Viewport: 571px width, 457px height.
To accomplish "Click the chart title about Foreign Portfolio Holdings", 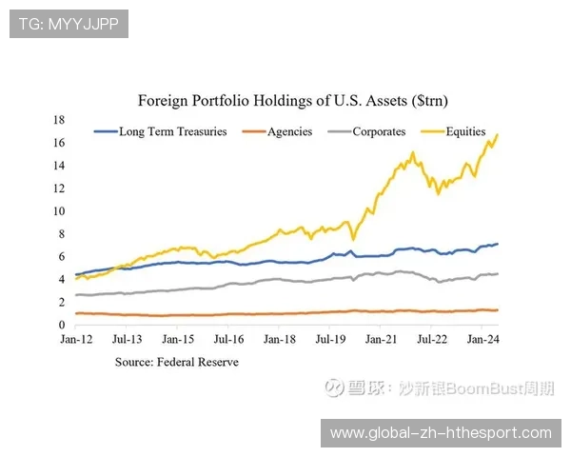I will (292, 100).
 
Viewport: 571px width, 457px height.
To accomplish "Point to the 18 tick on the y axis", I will (58, 120).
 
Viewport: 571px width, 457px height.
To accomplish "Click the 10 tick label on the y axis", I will (58, 211).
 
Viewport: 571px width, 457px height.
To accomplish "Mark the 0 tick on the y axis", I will (61, 325).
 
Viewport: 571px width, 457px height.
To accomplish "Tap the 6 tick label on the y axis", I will (61, 257).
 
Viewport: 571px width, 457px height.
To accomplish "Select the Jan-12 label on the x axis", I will (75, 339).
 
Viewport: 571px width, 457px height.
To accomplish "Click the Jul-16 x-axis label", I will (228, 339).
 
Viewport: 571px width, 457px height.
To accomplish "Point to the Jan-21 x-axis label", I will (381, 339).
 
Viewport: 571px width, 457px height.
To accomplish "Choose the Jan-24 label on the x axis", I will (482, 339).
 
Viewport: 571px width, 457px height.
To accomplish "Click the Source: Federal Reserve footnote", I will (177, 362).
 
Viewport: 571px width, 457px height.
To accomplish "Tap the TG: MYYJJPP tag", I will (69, 23).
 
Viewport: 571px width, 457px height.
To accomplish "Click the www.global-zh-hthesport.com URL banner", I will (441, 433).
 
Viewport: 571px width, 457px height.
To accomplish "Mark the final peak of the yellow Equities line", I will (498, 135).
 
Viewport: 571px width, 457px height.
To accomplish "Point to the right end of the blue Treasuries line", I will (498, 245).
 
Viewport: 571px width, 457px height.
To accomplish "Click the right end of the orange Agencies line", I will (498, 310).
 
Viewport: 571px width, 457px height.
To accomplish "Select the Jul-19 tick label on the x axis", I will (330, 339).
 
